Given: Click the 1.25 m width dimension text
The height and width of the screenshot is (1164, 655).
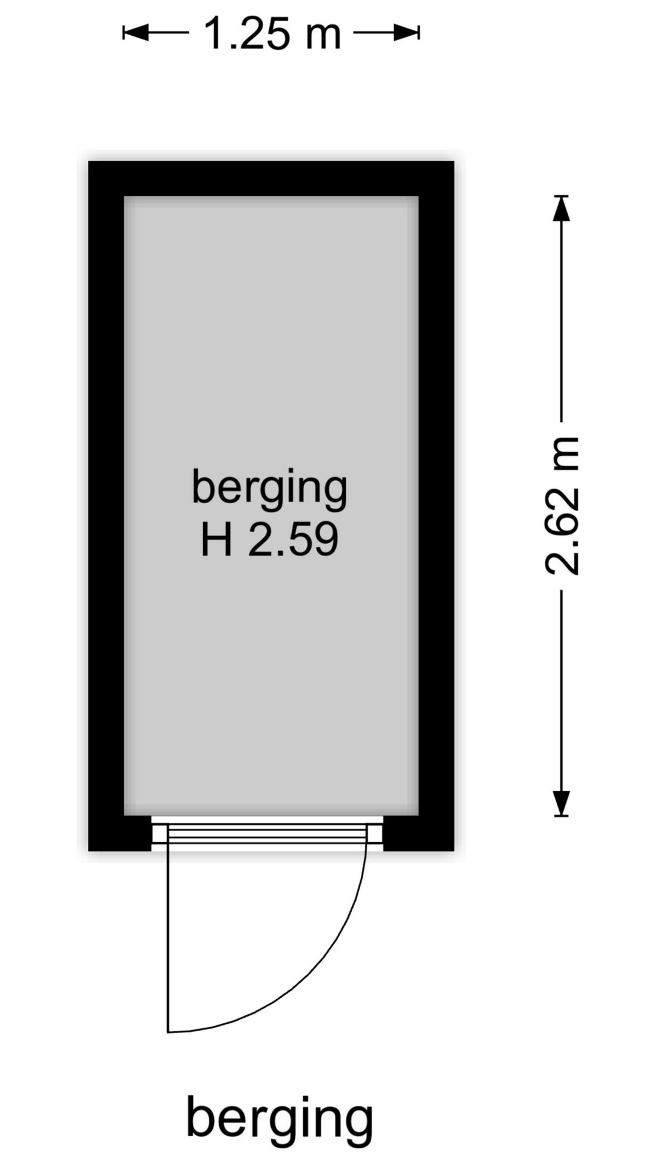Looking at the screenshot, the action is [272, 33].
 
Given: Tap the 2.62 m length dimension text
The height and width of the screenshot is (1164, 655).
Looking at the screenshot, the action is [562, 505].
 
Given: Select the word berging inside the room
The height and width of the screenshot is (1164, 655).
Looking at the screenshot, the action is [269, 489].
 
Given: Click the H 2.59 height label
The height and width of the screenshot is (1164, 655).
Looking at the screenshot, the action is [269, 540].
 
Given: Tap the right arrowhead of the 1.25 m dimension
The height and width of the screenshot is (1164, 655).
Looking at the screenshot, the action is [408, 33].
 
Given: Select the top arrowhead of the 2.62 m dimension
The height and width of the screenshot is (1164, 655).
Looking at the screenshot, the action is [562, 208].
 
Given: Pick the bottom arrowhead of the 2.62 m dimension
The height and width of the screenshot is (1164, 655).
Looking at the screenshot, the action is [562, 803].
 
